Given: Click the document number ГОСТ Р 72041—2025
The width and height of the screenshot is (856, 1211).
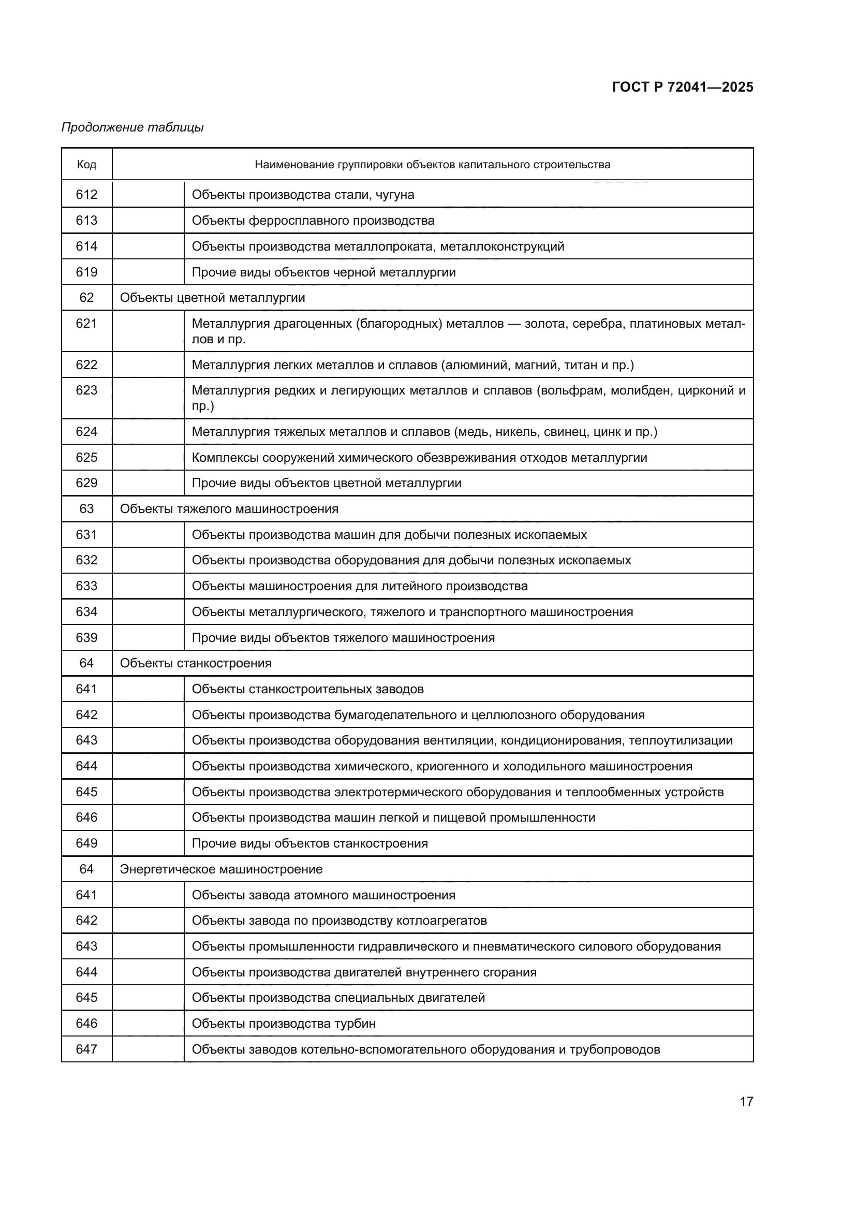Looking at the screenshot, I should point(682,87).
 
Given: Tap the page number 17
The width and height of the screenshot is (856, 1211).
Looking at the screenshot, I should point(746,1101).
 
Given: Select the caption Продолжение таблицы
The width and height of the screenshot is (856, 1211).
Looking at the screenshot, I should point(132,127).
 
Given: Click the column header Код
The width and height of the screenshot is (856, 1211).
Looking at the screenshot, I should point(86,165).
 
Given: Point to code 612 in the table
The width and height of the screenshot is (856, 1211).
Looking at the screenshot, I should point(86,195).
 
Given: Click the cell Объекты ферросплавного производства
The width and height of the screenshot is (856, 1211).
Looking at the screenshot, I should point(313,221).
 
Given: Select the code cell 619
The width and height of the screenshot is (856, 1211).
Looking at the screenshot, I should point(86,272).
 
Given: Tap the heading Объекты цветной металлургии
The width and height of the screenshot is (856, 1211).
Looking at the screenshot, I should point(212,298).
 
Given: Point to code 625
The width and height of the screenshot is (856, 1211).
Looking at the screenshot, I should point(86,457).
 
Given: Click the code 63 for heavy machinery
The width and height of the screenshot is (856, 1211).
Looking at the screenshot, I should point(86,509).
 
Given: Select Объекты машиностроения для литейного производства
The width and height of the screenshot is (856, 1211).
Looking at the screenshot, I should point(360,586).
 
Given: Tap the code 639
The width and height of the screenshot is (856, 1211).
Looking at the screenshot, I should point(86,638).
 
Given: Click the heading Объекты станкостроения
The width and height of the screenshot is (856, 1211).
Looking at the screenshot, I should point(196,663).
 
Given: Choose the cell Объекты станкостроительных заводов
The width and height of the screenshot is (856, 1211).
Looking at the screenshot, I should point(307,689).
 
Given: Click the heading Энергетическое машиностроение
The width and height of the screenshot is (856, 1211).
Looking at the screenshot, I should point(221,869).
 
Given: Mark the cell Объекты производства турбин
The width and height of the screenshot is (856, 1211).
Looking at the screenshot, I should point(284,1023).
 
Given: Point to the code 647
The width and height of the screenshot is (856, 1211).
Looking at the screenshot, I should point(86,1049).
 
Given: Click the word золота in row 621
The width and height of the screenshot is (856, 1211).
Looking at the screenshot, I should point(545,323).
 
